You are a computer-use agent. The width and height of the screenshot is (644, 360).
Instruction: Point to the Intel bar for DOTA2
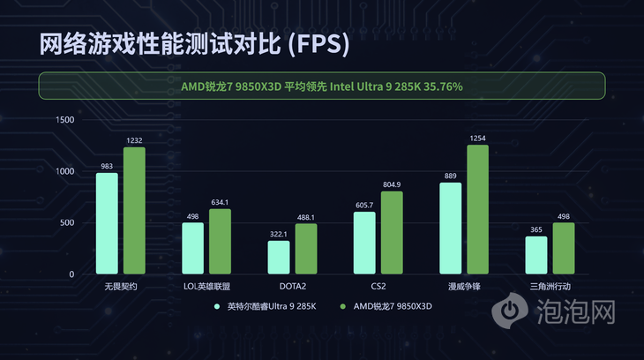pos(279,257)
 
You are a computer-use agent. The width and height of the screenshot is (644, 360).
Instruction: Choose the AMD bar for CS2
pos(392,232)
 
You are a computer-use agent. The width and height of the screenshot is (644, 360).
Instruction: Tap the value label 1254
pos(477,139)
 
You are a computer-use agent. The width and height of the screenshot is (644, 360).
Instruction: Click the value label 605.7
pos(364,205)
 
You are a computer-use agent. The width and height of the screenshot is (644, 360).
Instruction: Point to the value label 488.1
pos(305,217)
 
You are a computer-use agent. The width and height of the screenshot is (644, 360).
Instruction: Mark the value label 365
pos(536,229)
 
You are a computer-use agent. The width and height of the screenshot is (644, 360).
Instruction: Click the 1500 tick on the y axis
pos(64,119)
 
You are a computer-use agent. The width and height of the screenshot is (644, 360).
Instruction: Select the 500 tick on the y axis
pos(67,222)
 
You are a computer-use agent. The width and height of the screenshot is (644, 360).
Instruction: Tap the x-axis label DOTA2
pos(292,287)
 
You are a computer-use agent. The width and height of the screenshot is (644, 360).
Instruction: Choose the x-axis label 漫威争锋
pos(464,287)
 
